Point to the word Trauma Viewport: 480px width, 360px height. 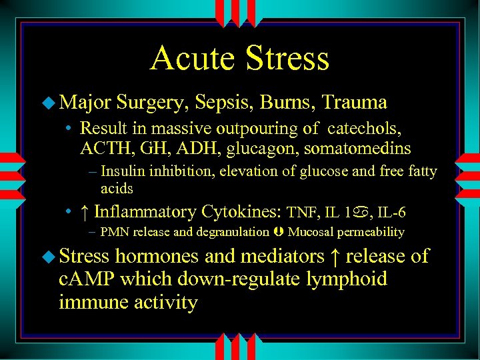tap(354, 102)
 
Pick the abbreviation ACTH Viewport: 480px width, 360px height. tap(101, 148)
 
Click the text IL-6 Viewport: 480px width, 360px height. tap(391, 213)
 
